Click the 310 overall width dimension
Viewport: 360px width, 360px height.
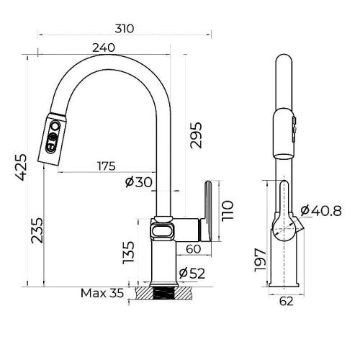(x=125, y=29)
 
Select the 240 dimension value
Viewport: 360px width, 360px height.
(x=104, y=48)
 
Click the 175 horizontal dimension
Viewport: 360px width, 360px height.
(x=105, y=166)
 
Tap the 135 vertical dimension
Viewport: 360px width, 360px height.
(x=129, y=253)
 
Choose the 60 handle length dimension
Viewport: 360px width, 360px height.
(x=193, y=249)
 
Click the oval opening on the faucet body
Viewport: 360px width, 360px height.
(x=163, y=230)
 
